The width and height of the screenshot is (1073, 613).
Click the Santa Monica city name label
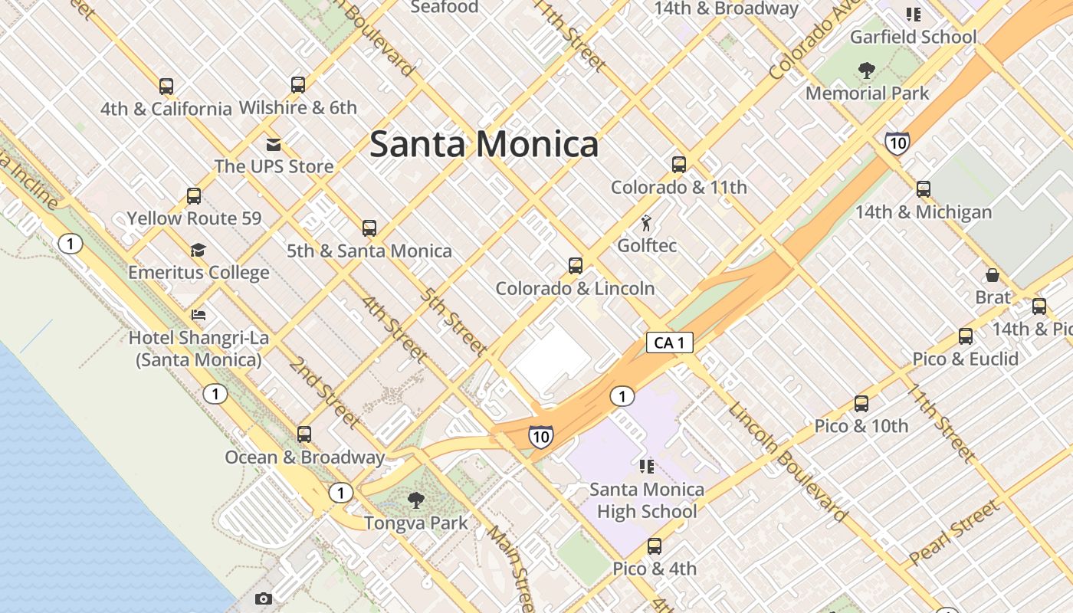(484, 144)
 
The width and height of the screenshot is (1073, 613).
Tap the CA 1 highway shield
(670, 343)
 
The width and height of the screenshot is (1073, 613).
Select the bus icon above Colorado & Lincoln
(576, 266)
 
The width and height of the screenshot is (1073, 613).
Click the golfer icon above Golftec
(647, 223)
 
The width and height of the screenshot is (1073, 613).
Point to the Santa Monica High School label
(647, 500)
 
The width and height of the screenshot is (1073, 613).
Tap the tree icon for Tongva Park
(416, 501)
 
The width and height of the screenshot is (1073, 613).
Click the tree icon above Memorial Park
(867, 71)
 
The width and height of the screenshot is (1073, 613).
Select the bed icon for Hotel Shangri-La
(199, 315)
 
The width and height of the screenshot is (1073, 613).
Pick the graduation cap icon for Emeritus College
(199, 251)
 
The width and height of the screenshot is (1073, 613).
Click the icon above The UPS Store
(274, 144)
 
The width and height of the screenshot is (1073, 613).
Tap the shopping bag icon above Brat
(993, 275)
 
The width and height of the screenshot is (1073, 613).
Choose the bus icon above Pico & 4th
(655, 546)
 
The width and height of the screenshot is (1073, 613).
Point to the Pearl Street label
(954, 533)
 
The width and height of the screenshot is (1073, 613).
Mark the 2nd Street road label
(323, 392)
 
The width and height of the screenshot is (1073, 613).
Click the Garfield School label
(914, 37)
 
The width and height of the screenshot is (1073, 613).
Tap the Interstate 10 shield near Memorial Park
(897, 143)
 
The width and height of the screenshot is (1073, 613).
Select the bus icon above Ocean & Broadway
(304, 434)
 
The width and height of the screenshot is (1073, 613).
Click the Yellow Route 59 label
(194, 218)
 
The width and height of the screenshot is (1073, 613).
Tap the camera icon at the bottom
(264, 598)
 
